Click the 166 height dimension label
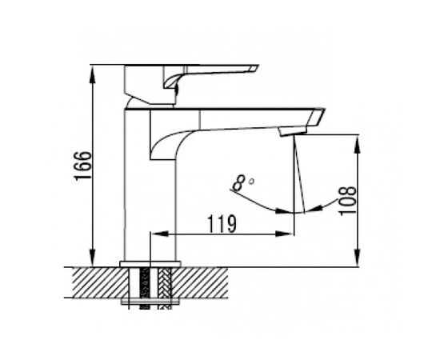tap(82, 165)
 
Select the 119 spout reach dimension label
tap(222, 224)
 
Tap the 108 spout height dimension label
tap(347, 201)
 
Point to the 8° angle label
tap(243, 183)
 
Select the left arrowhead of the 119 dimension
tap(160, 234)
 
